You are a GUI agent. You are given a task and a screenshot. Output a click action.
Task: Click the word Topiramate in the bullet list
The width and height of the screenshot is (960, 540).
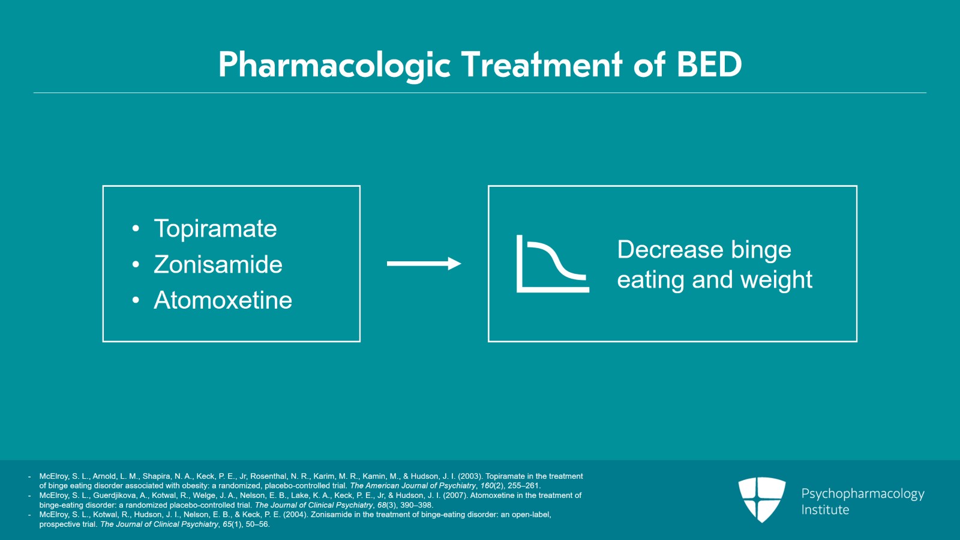click(215, 229)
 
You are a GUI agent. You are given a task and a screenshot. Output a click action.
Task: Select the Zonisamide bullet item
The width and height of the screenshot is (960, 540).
click(218, 265)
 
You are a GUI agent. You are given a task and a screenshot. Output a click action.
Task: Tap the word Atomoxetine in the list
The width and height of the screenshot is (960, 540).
click(223, 300)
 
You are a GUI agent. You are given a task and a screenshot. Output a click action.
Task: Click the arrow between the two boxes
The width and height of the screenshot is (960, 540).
click(424, 264)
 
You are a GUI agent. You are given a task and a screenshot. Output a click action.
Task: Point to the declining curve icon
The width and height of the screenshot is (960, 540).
click(552, 264)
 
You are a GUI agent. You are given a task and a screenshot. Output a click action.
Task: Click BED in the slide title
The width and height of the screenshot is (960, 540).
click(709, 64)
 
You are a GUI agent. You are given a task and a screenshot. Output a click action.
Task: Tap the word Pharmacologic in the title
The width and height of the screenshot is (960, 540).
click(334, 65)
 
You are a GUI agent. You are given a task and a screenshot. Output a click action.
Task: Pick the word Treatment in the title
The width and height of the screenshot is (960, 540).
click(542, 64)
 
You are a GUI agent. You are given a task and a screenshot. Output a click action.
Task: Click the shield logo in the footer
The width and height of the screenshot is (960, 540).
click(761, 499)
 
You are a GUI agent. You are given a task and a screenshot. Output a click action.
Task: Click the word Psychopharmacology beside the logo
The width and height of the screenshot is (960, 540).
click(862, 494)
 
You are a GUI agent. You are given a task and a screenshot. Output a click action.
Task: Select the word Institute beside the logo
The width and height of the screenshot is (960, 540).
click(825, 510)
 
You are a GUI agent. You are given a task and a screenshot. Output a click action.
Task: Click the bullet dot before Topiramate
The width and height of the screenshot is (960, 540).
click(136, 229)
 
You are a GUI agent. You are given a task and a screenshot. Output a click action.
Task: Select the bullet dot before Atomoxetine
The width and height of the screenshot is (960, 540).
click(136, 300)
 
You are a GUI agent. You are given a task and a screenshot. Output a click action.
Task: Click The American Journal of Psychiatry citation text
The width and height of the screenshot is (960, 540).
click(412, 486)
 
